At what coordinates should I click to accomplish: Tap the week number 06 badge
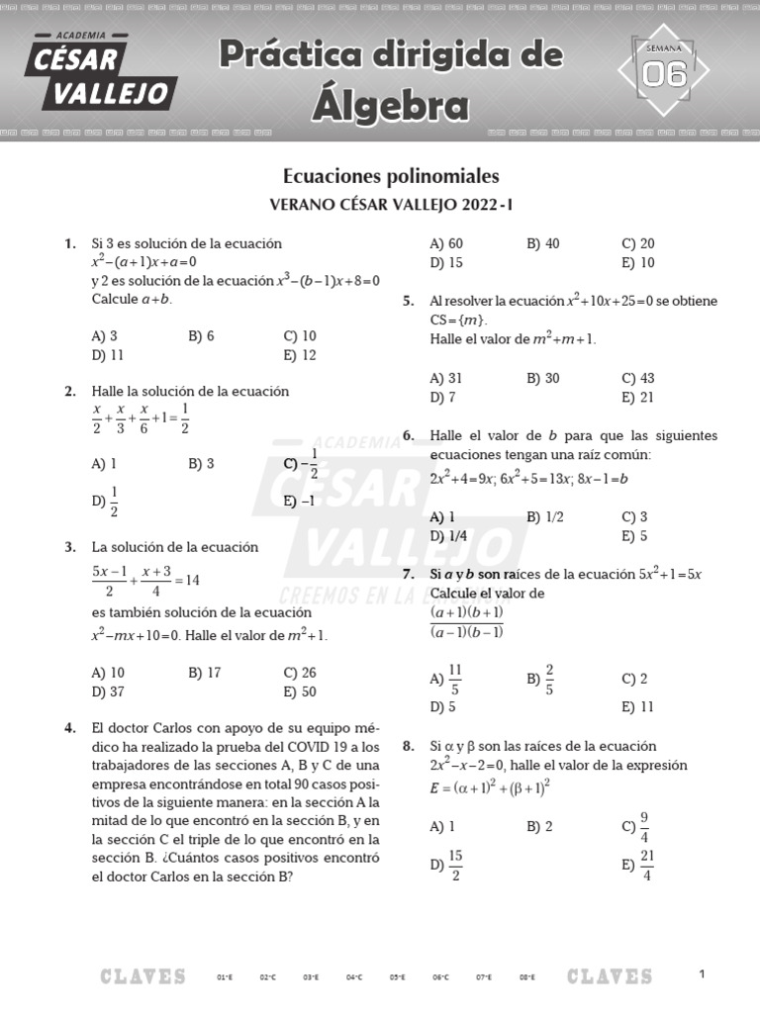pos(664,72)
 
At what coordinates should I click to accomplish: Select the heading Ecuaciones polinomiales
pos(391,176)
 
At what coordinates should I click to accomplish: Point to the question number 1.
pos(69,243)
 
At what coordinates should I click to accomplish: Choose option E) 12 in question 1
pos(300,355)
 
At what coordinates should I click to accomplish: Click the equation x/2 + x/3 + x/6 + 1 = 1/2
pos(141,418)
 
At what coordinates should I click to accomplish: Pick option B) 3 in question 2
pos(201,463)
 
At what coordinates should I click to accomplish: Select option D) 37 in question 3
pos(108,691)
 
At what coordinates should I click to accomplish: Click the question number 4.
pos(69,728)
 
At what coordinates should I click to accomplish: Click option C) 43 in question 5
pos(638,378)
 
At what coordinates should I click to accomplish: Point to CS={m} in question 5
pos(458,320)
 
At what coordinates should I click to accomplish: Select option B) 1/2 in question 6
pos(546,516)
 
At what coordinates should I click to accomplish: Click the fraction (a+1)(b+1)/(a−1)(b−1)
pos(467,622)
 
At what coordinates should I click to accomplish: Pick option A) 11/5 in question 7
pos(446,679)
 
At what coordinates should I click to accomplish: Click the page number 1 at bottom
pos(702,974)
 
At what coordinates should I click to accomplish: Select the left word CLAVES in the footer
pos(142,977)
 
